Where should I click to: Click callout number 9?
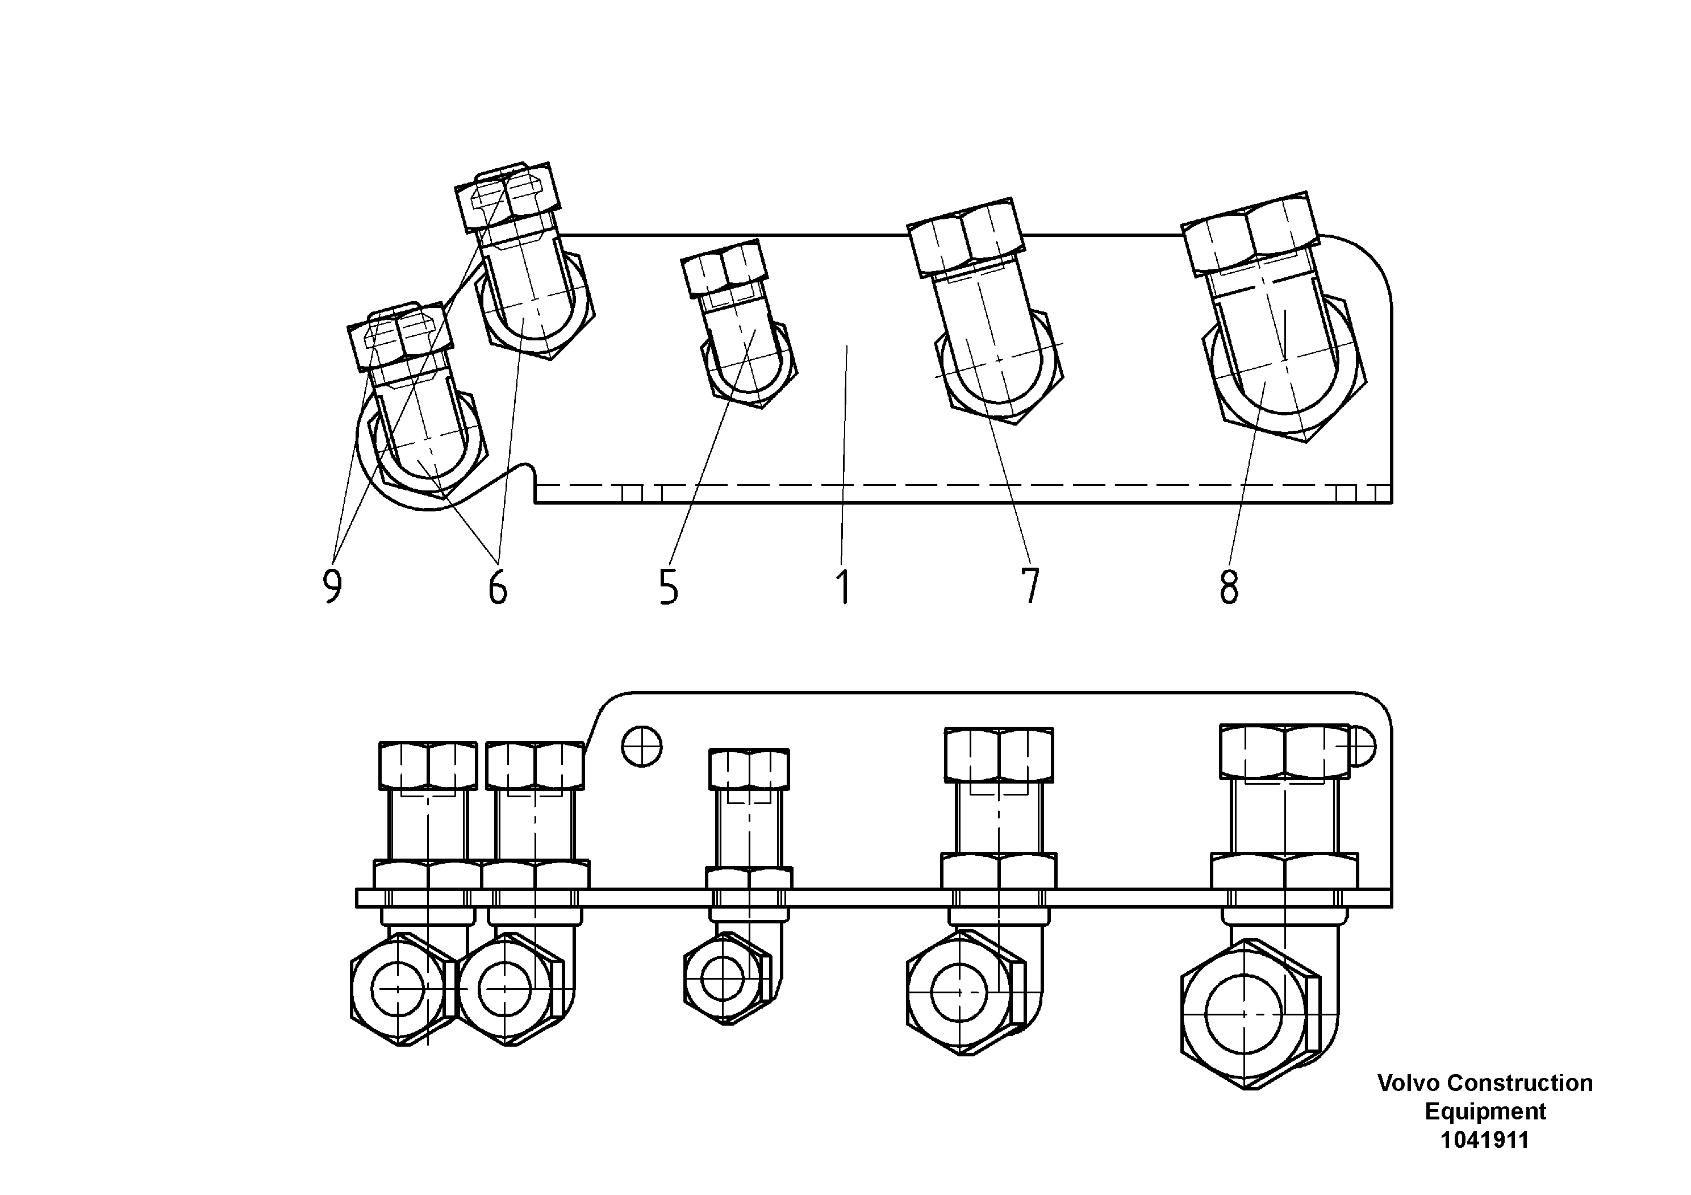point(333,587)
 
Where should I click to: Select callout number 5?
point(669,587)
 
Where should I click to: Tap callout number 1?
point(844,587)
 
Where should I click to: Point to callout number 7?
point(1030,586)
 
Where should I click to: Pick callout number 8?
point(1229,587)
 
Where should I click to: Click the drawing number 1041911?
point(1484,1140)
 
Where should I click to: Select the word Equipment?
point(1485,1111)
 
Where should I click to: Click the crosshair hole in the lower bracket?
point(641,747)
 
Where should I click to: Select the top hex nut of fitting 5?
point(723,268)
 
